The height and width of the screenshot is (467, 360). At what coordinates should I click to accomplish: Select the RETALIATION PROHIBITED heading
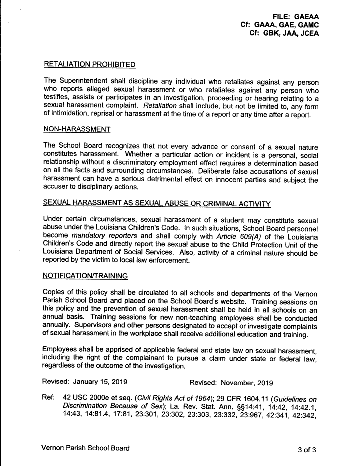90,64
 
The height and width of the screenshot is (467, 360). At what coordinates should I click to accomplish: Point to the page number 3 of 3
307,449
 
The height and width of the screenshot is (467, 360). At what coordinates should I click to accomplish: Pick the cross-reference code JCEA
307,34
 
